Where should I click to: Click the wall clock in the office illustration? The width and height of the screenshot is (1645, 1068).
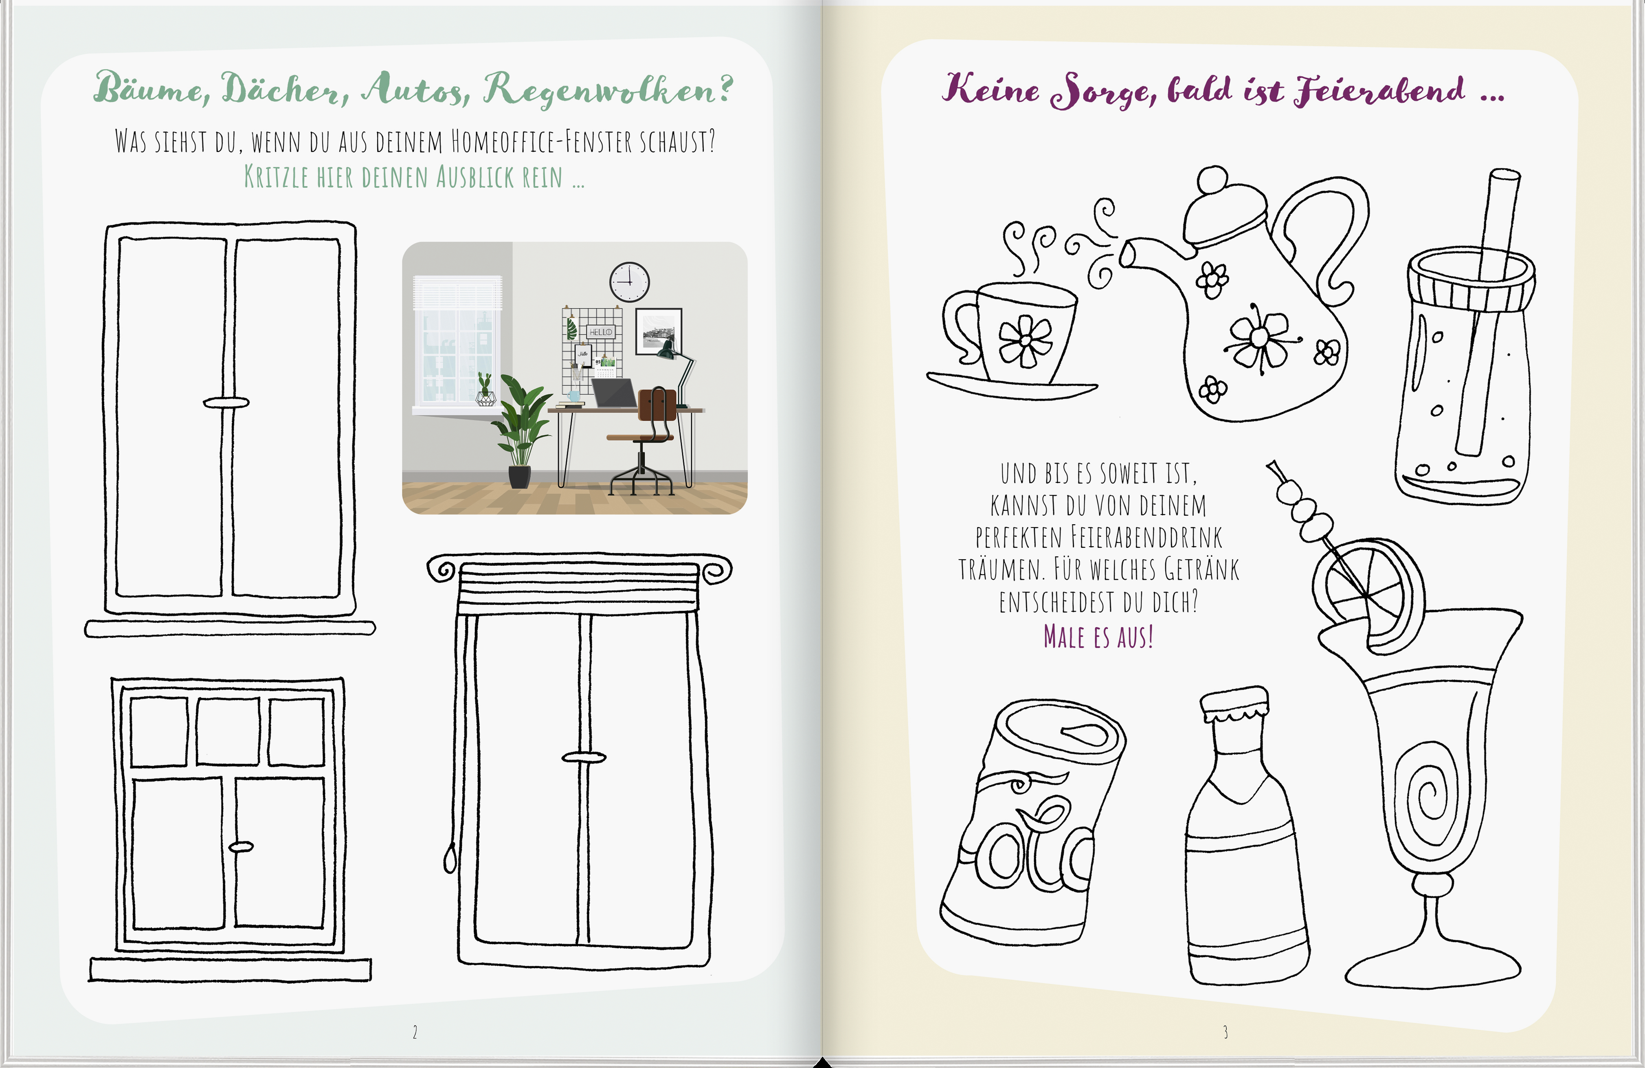click(629, 282)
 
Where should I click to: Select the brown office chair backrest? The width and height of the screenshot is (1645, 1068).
click(657, 412)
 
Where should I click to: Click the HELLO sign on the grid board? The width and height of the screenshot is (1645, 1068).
click(600, 332)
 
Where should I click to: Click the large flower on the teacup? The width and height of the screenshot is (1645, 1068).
click(1026, 341)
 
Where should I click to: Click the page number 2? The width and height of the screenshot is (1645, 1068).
click(415, 1032)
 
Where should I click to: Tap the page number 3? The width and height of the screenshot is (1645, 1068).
click(1226, 1032)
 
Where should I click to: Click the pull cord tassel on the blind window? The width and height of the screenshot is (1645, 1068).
click(450, 859)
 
